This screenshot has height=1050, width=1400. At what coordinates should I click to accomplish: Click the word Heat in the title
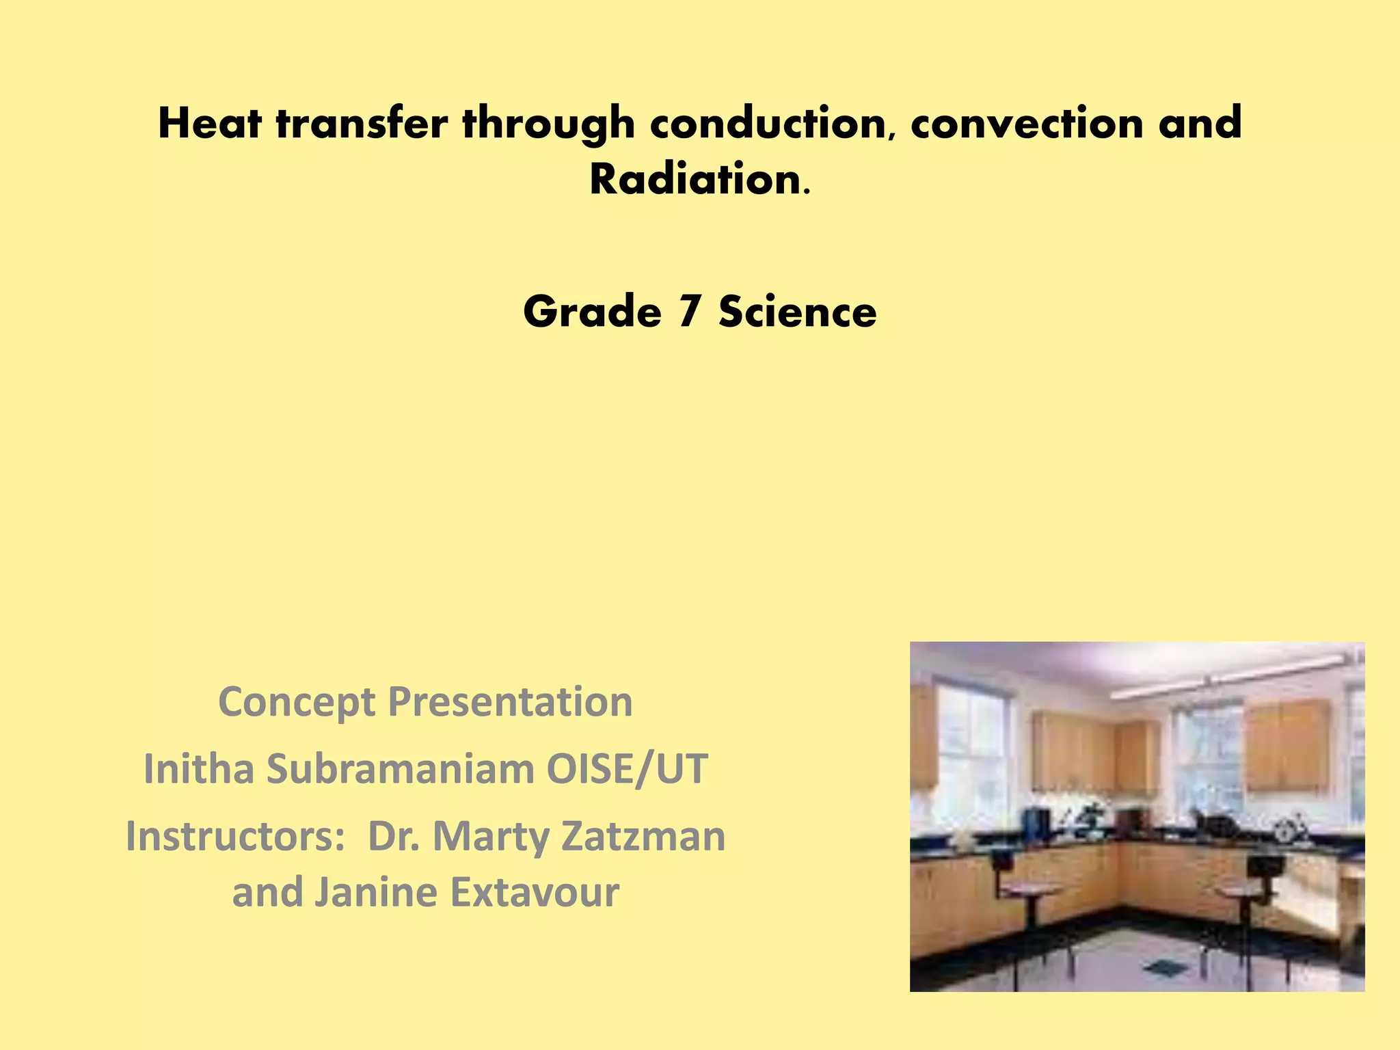point(209,124)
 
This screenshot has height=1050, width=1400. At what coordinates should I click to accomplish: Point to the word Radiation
point(695,180)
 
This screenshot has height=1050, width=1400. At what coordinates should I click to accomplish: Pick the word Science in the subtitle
point(797,311)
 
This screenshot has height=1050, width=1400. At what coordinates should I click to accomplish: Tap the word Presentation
point(510,702)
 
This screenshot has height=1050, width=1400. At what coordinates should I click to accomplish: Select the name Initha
point(200,769)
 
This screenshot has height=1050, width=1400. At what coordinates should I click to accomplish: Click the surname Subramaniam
point(400,769)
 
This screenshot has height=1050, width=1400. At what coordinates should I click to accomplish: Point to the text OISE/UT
point(627,769)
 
